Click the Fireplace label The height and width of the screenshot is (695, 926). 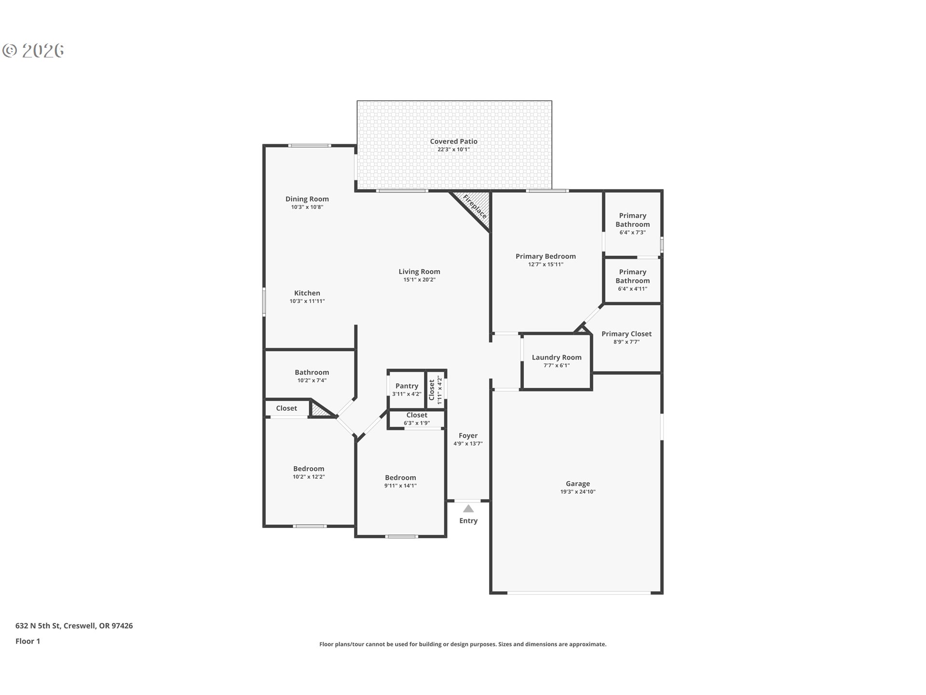click(x=475, y=206)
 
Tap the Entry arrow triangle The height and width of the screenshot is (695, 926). click(x=468, y=509)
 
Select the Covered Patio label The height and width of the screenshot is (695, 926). click(x=454, y=141)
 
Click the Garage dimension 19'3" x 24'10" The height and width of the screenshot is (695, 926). click(x=578, y=492)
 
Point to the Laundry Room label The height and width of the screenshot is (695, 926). click(x=557, y=358)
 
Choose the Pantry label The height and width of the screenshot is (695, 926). click(x=407, y=386)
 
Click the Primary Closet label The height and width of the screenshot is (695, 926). click(x=626, y=334)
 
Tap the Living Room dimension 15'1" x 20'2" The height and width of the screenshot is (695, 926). click(x=420, y=280)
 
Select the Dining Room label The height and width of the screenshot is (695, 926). click(x=307, y=199)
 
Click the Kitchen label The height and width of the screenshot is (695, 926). click(x=307, y=293)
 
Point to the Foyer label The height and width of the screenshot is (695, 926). click(x=468, y=436)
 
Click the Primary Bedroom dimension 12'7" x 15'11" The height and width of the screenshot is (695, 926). click(x=546, y=264)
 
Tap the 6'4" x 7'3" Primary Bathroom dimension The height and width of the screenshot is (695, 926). click(x=633, y=233)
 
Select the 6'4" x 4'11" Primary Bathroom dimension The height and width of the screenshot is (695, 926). click(x=633, y=289)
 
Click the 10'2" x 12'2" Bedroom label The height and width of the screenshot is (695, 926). click(x=309, y=469)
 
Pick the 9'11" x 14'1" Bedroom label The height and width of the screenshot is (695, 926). click(x=400, y=478)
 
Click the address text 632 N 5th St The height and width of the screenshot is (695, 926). click(x=38, y=626)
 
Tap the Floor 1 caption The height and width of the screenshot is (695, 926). click(x=28, y=641)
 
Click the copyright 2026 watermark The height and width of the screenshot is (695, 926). click(x=33, y=51)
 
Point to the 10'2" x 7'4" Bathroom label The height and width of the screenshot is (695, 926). click(x=312, y=373)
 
